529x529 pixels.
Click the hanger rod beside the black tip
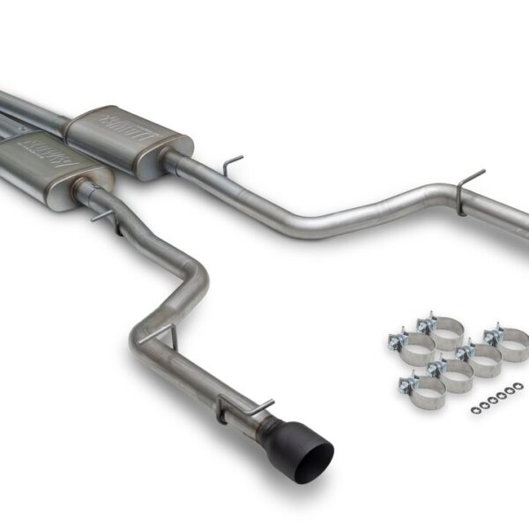click(x=256, y=407)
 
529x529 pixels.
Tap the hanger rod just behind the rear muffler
click(x=232, y=163)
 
